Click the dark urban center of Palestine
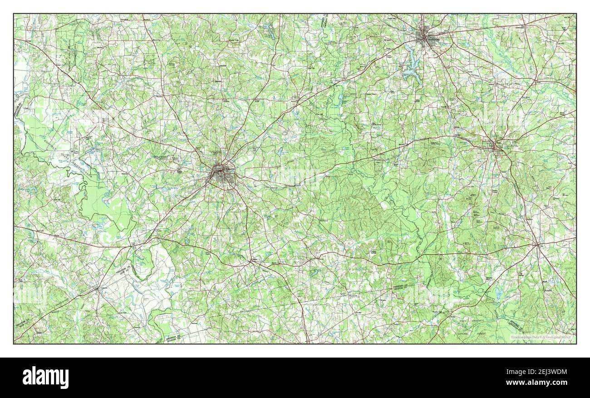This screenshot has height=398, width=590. click(221, 174)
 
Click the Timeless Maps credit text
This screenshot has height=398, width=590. click(541, 337)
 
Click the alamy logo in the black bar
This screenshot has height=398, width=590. click(45, 377)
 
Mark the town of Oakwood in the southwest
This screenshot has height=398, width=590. click(98, 289)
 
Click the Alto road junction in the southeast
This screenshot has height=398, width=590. click(537, 245)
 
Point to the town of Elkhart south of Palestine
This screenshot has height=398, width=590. click(252, 260)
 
